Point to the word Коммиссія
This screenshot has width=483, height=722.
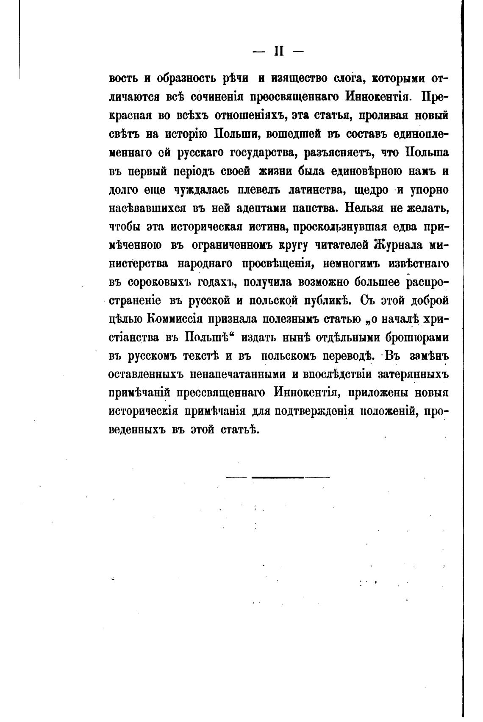click(x=185, y=319)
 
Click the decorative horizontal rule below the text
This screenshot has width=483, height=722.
click(x=278, y=478)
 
